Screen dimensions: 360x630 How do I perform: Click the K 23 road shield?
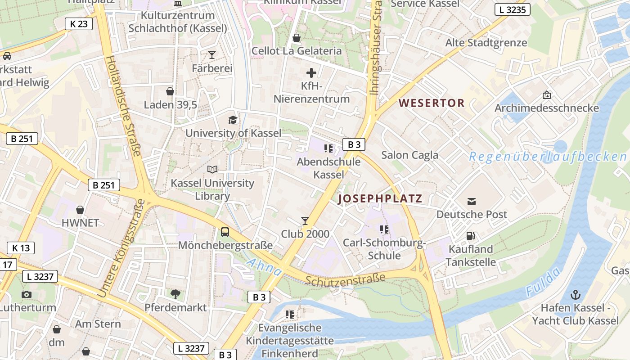(x=78, y=24)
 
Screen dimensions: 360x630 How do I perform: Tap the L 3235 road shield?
(x=513, y=9)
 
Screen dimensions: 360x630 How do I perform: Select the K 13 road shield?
(x=21, y=247)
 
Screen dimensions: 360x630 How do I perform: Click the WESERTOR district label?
(x=432, y=103)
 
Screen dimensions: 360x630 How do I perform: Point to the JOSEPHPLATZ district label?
(x=380, y=198)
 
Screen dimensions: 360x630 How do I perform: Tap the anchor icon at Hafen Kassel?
(x=575, y=295)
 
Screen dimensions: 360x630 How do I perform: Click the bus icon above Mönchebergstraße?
(x=225, y=232)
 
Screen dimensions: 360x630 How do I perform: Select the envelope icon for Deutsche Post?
(x=471, y=201)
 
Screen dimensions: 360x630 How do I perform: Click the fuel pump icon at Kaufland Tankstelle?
(x=471, y=235)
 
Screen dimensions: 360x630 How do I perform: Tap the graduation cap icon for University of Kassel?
(x=233, y=120)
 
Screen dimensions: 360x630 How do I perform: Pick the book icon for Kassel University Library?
(x=212, y=169)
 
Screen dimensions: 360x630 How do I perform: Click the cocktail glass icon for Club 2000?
(x=305, y=220)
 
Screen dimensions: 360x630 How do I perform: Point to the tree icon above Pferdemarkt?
(x=175, y=294)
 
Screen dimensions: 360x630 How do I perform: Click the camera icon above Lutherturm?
(x=27, y=294)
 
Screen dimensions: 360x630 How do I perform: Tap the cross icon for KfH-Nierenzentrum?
(x=311, y=72)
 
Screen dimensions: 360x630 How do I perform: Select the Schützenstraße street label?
(x=346, y=279)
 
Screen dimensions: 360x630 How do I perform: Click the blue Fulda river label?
(x=544, y=282)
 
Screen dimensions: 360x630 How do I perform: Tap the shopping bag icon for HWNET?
(x=80, y=210)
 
